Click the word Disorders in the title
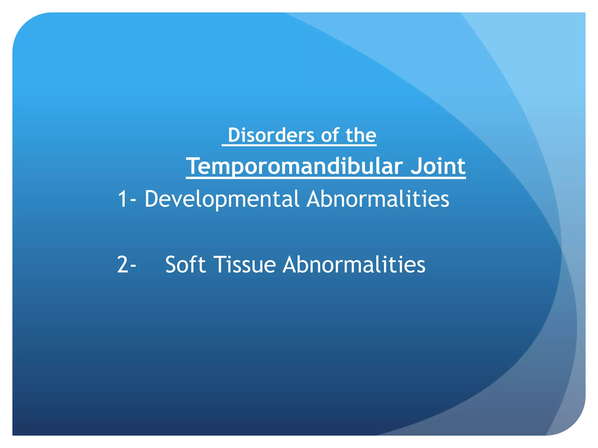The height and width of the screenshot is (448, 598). (x=271, y=135)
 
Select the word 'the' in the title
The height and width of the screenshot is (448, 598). (x=361, y=135)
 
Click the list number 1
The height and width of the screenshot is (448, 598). (x=122, y=199)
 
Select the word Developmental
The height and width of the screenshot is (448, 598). (x=222, y=199)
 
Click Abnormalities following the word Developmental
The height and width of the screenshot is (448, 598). (x=378, y=199)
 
